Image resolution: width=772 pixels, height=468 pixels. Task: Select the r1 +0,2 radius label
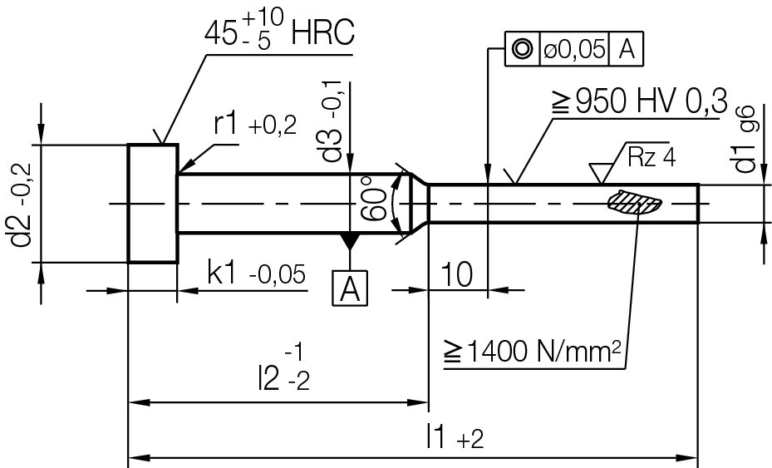tap(254, 125)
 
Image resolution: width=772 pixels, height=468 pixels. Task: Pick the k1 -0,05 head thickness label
tap(256, 273)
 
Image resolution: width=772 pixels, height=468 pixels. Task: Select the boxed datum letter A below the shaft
tap(350, 289)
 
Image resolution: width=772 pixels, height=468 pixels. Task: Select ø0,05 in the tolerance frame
tap(573, 50)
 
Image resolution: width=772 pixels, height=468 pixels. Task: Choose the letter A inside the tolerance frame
tap(627, 50)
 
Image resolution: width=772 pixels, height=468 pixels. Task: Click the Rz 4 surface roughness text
tap(652, 157)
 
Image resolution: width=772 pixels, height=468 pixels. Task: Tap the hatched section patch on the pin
tap(633, 201)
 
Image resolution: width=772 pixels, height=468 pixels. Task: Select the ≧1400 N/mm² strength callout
tap(532, 352)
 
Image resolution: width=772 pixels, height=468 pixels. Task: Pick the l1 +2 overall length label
tap(453, 436)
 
